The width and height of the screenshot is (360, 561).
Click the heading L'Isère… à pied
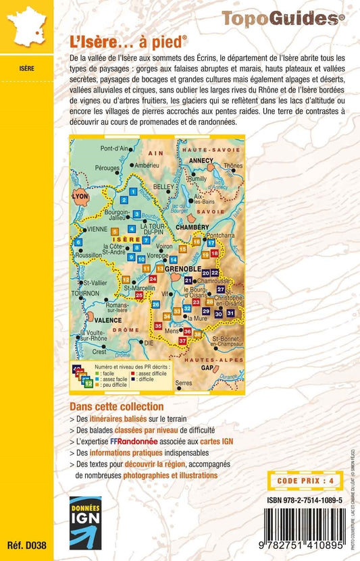tap(128, 41)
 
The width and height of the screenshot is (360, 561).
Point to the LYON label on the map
tap(80, 196)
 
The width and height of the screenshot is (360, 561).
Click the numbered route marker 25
tap(139, 295)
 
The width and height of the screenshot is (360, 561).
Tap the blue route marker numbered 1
tap(133, 192)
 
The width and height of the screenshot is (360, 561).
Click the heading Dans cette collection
tap(116, 407)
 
